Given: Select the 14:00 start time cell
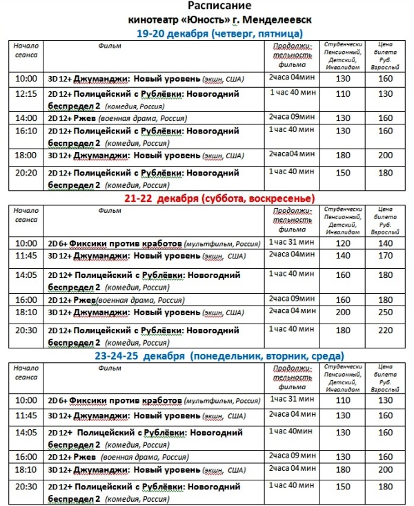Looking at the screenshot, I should pyautogui.click(x=26, y=118).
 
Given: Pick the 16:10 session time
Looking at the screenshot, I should pyautogui.click(x=26, y=131).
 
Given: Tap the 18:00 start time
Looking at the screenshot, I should pyautogui.click(x=26, y=156).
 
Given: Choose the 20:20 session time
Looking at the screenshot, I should pyautogui.click(x=26, y=174).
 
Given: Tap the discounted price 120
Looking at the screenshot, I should pyautogui.click(x=343, y=243).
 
